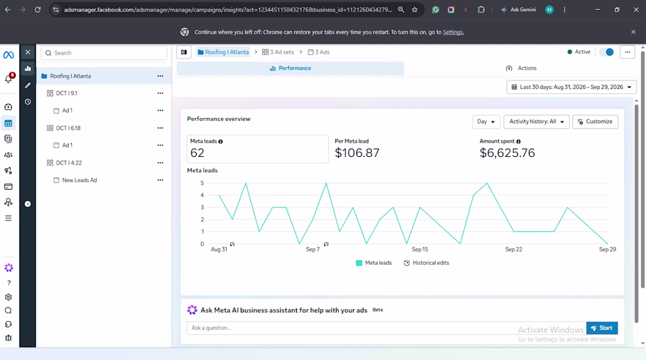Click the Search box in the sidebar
pos(104,53)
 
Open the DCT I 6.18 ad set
pos(68,128)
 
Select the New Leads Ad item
pos(79,180)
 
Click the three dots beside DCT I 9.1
pos(160,93)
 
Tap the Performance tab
pos(291,68)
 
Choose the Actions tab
pos(521,68)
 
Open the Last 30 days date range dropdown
pos(571,87)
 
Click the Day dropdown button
pos(486,122)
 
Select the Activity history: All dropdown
pos(536,122)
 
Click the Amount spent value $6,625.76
pos(507,153)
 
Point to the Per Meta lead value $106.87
pos(357,153)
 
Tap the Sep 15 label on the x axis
pos(420,249)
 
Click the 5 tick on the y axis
pos(202,183)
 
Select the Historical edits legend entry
pos(426,263)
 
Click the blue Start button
pos(602,328)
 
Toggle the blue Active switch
pos(607,52)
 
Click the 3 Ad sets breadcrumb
pos(278,52)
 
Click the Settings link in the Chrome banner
pos(453,32)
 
